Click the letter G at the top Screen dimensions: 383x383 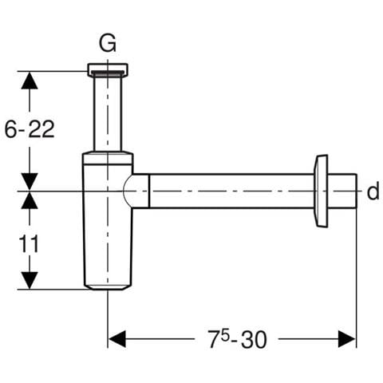tap(108, 43)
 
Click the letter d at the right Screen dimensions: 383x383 tap(373, 191)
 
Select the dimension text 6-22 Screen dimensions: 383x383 tap(30, 129)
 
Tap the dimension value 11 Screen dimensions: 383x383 tap(29, 243)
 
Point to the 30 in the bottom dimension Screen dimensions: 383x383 tap(254, 340)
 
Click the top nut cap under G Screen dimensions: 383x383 tap(108, 69)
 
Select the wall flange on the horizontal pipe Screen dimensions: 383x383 tap(321, 191)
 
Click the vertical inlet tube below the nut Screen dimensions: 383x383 tap(108, 114)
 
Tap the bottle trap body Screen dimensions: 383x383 tap(108, 221)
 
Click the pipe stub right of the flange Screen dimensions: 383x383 tap(342, 191)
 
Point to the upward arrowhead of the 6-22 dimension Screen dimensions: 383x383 tap(30, 80)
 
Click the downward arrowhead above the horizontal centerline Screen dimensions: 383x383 tap(30, 182)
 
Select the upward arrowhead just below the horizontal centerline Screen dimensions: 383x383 tap(30, 200)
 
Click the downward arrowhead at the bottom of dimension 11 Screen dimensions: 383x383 tap(30, 280)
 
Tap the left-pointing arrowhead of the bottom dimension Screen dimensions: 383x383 tap(117, 339)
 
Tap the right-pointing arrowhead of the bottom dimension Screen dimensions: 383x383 tap(347, 339)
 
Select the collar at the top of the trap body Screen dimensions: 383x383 tap(108, 157)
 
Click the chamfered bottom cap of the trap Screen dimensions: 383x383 tap(108, 287)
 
